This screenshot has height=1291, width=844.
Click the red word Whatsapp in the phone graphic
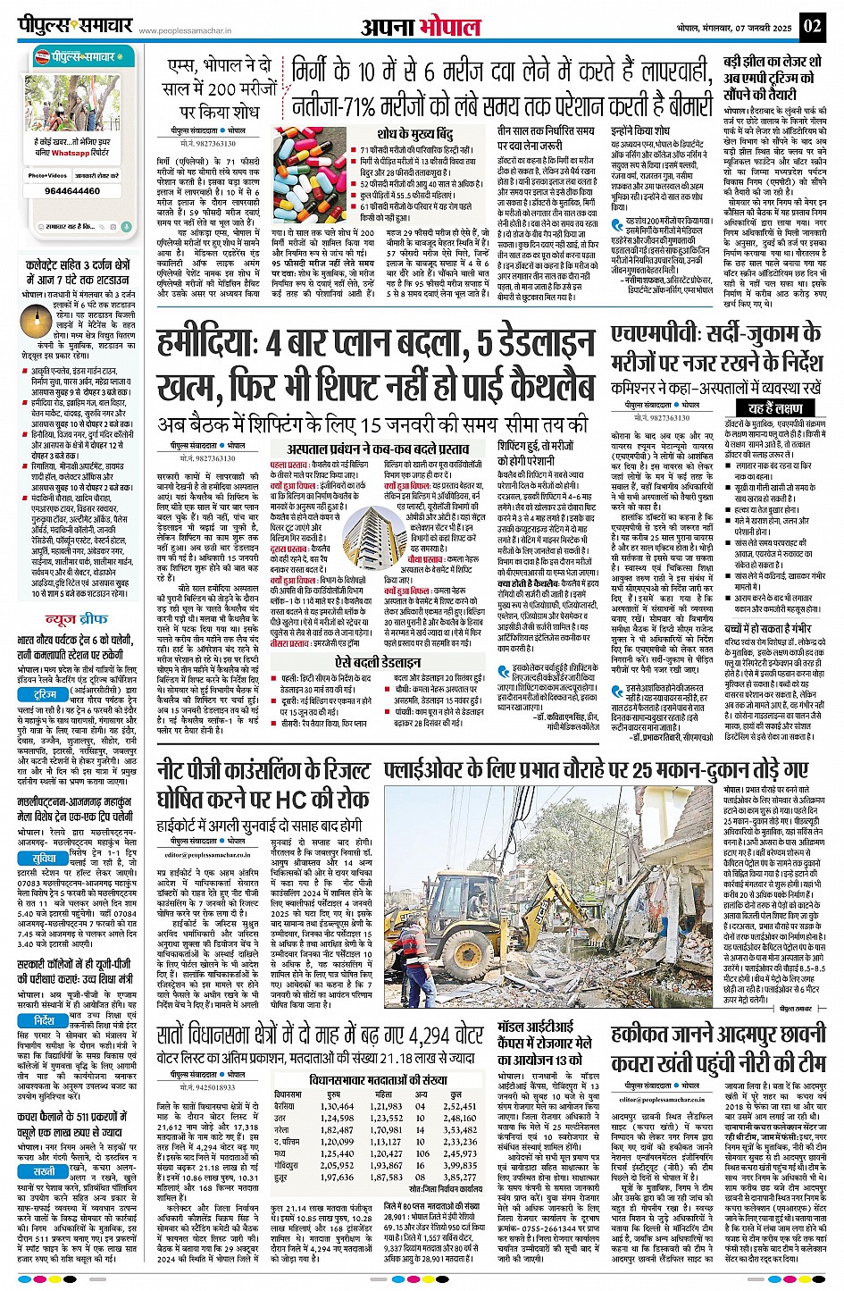pos(70,153)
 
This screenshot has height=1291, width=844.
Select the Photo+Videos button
pos(47,176)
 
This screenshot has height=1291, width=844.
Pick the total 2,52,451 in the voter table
pos(459,1106)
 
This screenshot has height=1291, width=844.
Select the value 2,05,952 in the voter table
pos(335,1165)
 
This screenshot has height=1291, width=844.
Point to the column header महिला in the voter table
pos(383,1094)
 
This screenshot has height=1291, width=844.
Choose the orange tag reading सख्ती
pos(44,1170)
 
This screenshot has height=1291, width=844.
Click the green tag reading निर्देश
pos(45,1020)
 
